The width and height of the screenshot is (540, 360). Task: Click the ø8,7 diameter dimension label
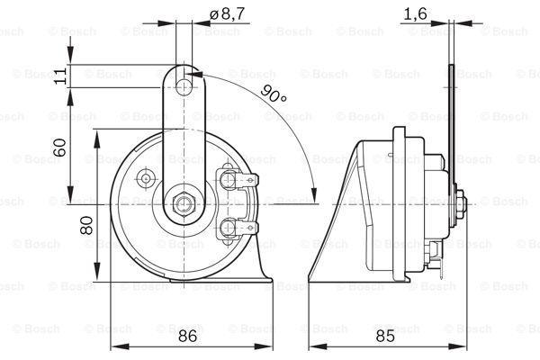(x=228, y=14)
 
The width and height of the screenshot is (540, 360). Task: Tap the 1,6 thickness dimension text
(x=415, y=14)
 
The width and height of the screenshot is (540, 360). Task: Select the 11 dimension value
(x=60, y=76)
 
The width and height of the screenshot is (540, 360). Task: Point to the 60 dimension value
(x=59, y=148)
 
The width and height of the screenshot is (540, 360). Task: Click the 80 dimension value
(x=86, y=225)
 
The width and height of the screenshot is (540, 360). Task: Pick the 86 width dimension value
(x=188, y=336)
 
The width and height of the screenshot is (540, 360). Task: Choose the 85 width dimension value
(x=385, y=336)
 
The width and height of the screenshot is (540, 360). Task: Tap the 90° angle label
(x=273, y=93)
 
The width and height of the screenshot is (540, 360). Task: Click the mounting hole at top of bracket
(x=184, y=87)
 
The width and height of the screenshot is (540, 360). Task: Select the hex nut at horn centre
(x=184, y=204)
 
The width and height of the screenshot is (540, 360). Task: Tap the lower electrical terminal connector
(x=238, y=228)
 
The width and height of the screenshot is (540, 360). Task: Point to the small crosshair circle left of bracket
(x=146, y=178)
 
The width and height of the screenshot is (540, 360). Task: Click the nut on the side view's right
(x=461, y=204)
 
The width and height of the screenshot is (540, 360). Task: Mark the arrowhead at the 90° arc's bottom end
(x=314, y=195)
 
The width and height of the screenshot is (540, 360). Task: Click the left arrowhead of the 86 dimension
(x=120, y=346)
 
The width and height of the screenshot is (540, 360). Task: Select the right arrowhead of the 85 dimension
(x=458, y=346)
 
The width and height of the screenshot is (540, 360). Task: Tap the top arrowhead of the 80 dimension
(x=97, y=139)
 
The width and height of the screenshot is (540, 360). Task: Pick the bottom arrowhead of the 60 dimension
(x=70, y=195)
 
